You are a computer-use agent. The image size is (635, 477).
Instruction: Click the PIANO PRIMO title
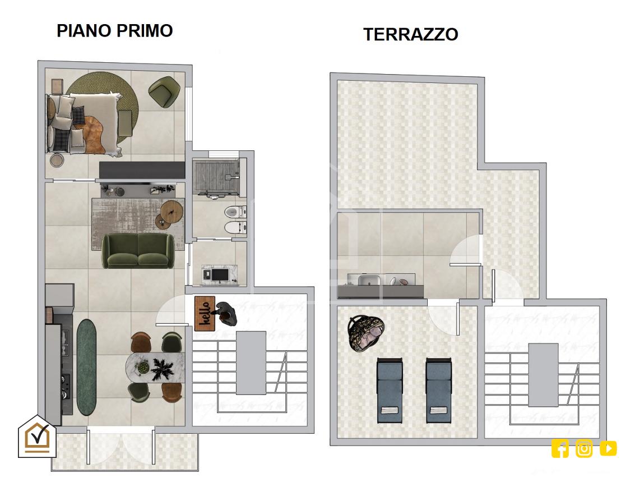tap(114, 31)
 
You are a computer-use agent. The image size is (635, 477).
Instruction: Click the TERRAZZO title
tap(411, 34)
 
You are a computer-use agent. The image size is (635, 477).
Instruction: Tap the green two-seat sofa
tap(138, 251)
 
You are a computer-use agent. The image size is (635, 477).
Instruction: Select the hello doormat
tap(205, 314)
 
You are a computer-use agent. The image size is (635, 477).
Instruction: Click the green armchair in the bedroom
tap(164, 92)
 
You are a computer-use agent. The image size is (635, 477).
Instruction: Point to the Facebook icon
tap(560, 449)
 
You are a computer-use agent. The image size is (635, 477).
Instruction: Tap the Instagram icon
tap(584, 449)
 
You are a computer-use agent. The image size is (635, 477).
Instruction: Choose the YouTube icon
tap(608, 448)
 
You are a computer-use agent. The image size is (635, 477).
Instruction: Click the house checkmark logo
tap(37, 436)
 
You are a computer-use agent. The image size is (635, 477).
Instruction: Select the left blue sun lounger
tap(390, 390)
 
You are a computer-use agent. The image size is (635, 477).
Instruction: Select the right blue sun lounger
tap(438, 390)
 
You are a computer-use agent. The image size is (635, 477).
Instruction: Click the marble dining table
tap(155, 368)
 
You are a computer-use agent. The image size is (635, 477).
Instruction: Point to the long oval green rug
tap(86, 367)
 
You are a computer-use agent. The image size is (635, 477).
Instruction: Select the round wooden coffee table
tap(172, 212)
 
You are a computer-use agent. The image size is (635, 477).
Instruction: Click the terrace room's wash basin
tap(369, 280)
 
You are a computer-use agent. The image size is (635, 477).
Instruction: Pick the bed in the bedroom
tap(84, 124)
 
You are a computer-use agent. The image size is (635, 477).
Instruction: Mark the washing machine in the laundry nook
tap(219, 275)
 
